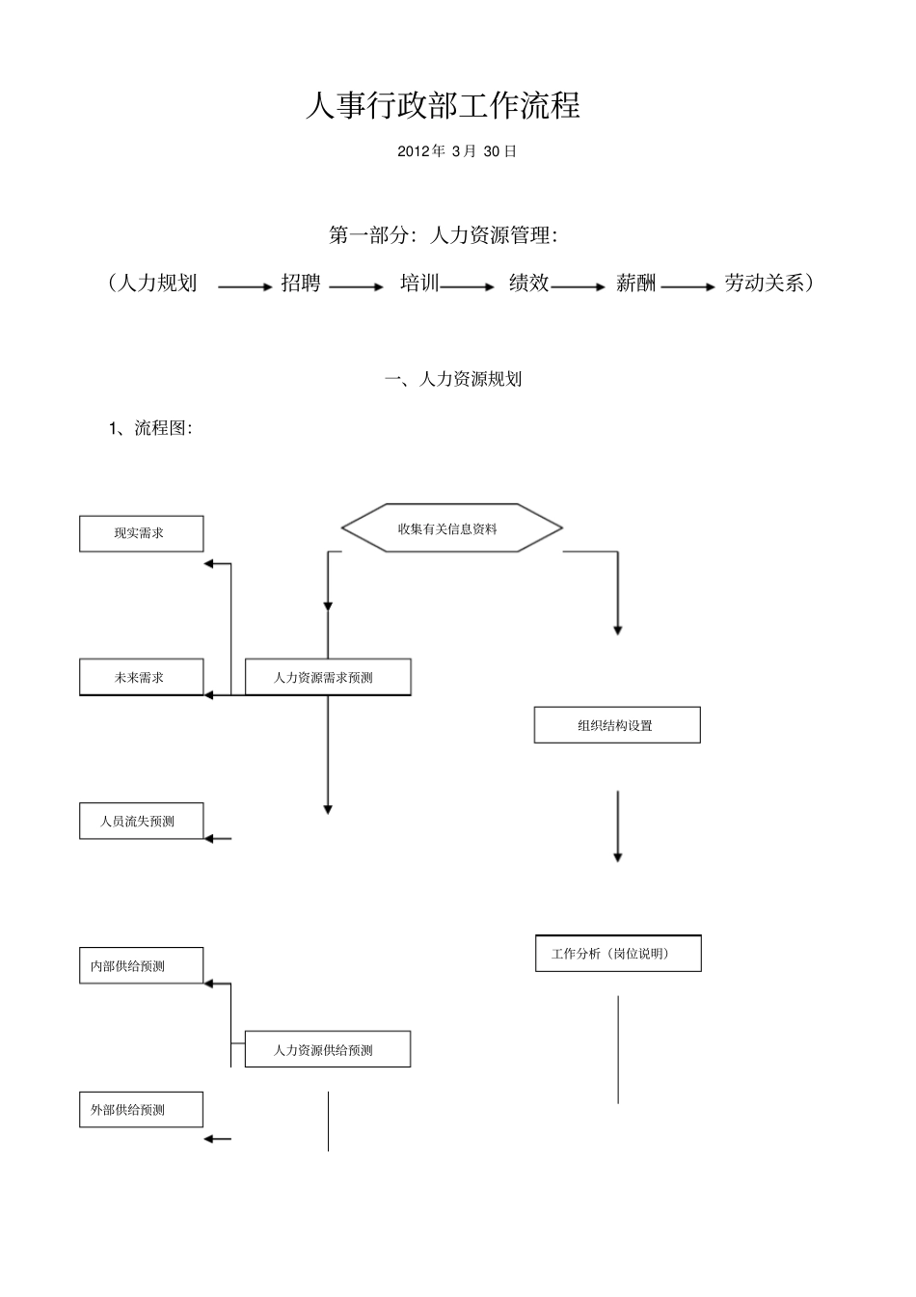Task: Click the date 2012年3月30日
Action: (457, 151)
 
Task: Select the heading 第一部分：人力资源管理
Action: (443, 234)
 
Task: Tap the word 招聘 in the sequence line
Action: (300, 284)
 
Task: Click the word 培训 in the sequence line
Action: (419, 284)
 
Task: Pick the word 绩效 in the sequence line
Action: (528, 284)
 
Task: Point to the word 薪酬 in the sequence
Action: (636, 284)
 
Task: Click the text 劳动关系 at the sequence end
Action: (765, 284)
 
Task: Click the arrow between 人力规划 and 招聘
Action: (245, 286)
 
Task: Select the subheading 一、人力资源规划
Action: (453, 379)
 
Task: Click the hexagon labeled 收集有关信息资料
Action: (451, 528)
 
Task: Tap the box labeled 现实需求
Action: (141, 533)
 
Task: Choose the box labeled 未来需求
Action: (141, 677)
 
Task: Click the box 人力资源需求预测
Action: (328, 677)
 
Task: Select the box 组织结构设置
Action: (617, 725)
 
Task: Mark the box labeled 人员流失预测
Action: (141, 821)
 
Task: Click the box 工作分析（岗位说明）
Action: (618, 954)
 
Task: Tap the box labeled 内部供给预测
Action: (141, 965)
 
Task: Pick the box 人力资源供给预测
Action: (328, 1049)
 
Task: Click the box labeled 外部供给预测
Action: (141, 1109)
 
